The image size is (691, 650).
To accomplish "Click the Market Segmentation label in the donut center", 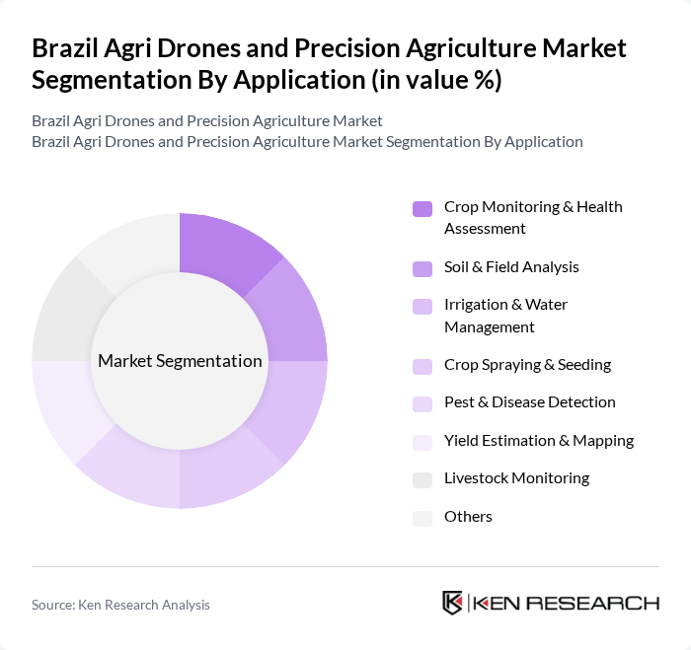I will [180, 361].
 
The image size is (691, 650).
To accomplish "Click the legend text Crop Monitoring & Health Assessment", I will [533, 217].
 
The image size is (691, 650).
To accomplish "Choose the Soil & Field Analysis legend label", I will [511, 267].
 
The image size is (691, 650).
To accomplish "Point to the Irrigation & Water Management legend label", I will [505, 316].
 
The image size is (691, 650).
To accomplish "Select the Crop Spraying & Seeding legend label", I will [527, 365].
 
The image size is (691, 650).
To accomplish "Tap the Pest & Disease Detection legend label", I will [529, 402].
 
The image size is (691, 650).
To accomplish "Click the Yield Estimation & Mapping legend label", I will [538, 441].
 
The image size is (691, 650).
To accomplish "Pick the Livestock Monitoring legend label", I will [516, 478].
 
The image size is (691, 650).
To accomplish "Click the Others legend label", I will [468, 517].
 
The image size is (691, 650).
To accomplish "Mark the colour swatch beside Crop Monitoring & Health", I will [422, 208].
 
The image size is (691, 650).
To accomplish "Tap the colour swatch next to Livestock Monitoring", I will [422, 479].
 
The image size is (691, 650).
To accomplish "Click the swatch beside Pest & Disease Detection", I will [422, 403].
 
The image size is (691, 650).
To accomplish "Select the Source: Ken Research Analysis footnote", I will [120, 605].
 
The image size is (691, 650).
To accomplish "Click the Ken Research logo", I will [551, 603].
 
